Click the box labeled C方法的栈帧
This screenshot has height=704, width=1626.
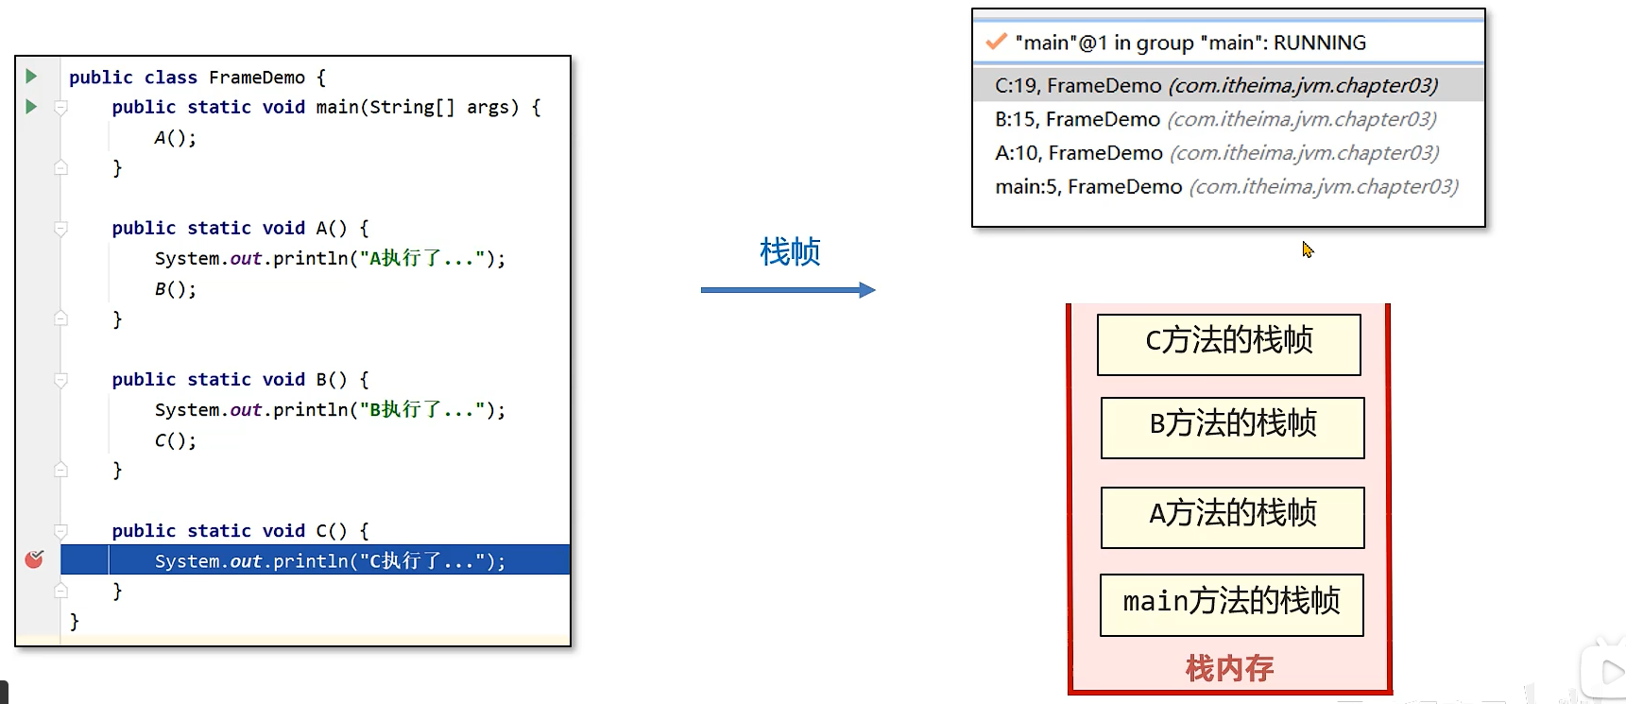pos(1228,344)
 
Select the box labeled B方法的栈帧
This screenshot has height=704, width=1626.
pos(1232,427)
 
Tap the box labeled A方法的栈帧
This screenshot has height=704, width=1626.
pos(1232,517)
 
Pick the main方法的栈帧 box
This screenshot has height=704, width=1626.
pos(1231,604)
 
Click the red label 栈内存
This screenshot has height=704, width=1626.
pos(1229,669)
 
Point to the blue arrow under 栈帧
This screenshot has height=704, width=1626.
pos(787,290)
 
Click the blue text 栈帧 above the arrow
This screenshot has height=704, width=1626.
pos(790,251)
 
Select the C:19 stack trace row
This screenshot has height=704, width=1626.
pos(1216,85)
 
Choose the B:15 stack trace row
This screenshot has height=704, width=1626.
pos(1215,119)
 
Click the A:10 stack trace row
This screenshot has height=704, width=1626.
pos(1216,153)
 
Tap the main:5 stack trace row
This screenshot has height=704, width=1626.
pos(1225,187)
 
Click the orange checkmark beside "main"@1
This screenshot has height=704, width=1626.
pos(995,43)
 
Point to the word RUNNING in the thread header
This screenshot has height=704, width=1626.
pos(1319,43)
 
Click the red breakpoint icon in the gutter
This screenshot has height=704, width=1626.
pos(34,559)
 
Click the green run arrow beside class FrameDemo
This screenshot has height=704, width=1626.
pos(31,76)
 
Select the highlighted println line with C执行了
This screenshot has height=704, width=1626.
pos(330,560)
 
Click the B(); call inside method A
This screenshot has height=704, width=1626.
pos(175,289)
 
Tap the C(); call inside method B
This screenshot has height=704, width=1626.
pos(175,440)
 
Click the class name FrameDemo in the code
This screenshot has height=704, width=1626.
pos(256,77)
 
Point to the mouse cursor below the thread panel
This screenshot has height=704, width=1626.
pos(1307,249)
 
